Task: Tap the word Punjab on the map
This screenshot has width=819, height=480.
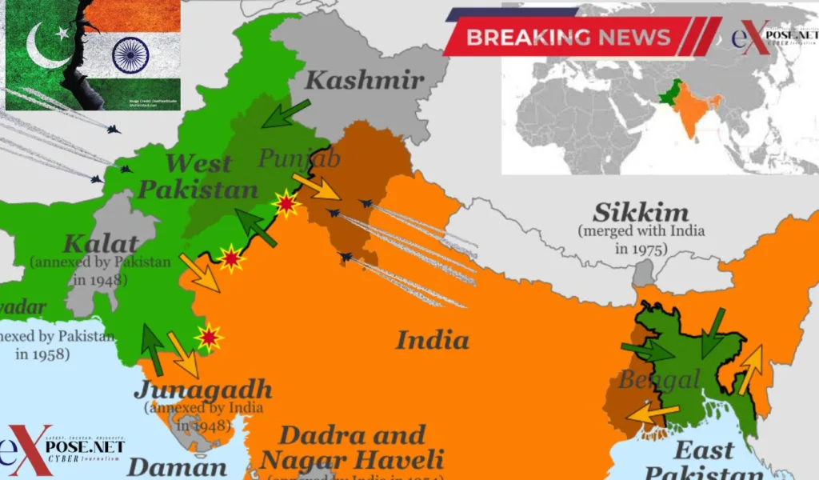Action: [x=299, y=158]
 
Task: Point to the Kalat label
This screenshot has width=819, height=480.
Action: [x=99, y=243]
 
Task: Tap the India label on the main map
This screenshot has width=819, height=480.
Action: [x=432, y=340]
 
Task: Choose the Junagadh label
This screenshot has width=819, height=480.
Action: [x=203, y=391]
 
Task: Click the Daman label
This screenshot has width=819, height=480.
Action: [x=177, y=467]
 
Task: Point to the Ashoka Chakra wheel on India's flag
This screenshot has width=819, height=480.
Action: [x=130, y=54]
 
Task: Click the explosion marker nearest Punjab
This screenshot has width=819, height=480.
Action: [x=286, y=206]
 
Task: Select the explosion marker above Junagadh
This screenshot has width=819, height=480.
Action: [x=209, y=338]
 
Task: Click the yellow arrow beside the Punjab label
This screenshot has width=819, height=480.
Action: [x=316, y=186]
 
